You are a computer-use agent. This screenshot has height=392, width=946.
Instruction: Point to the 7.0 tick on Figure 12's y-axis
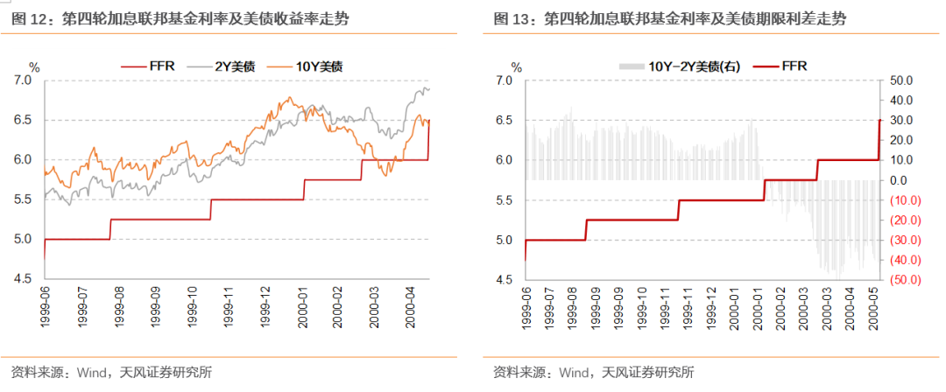23,80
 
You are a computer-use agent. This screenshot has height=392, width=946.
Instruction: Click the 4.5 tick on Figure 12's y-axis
23,280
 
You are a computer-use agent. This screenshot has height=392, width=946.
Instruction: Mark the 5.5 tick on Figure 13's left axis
505,200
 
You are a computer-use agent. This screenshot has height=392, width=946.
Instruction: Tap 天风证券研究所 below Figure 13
648,373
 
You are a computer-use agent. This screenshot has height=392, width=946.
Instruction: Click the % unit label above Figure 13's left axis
517,66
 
